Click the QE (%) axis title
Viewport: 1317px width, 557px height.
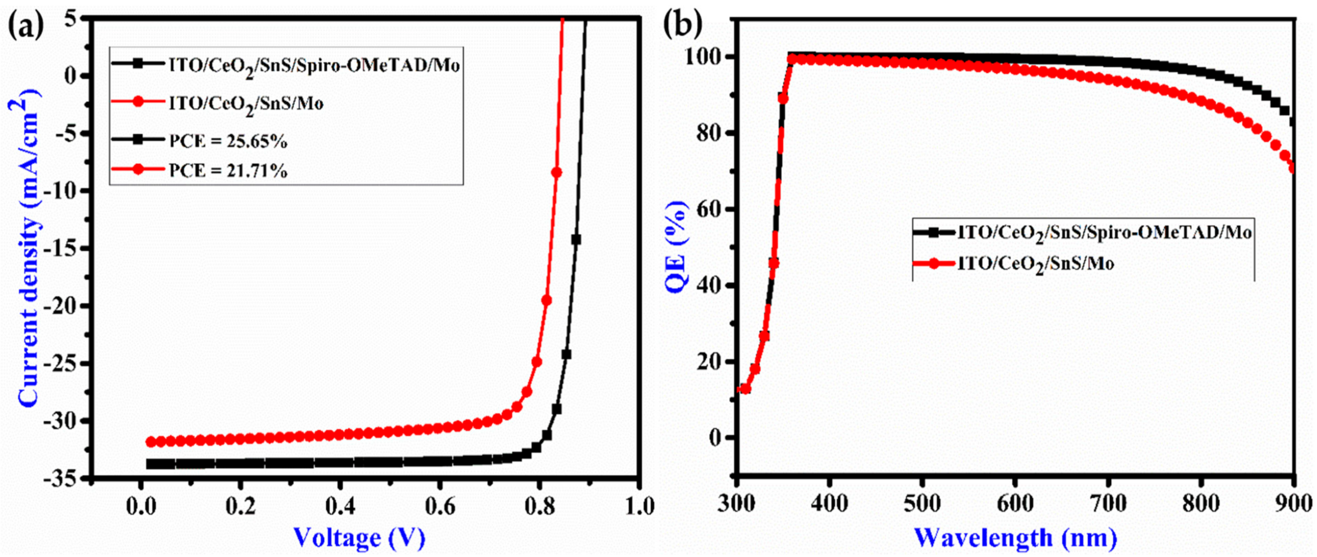[x=679, y=247]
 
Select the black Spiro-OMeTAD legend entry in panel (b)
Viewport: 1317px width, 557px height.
[x=1079, y=232]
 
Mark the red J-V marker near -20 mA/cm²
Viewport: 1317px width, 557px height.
[x=547, y=300]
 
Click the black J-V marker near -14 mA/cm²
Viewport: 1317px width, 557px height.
[x=576, y=239]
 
